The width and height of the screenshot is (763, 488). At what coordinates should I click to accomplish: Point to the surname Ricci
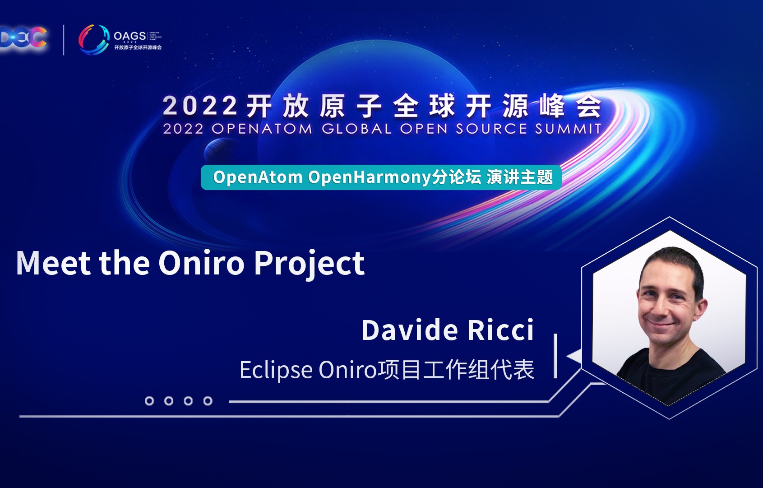pos(500,330)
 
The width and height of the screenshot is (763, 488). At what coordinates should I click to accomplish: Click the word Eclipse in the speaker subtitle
pos(276,370)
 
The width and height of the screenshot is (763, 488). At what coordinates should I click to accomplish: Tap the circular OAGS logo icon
pos(94,39)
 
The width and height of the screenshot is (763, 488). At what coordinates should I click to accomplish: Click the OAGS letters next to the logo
pos(129,36)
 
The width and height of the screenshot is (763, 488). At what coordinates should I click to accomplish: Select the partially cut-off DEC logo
pos(23,38)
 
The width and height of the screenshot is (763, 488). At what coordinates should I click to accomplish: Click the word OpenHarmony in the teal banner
pos(369,177)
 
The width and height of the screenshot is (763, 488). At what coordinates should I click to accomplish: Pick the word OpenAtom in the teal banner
pos(258,177)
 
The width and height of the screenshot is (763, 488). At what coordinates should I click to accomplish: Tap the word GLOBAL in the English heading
pos(356,129)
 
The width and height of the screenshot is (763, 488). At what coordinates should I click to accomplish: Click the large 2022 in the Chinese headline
pos(199,107)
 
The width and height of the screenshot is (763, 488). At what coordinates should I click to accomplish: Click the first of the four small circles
pos(149,401)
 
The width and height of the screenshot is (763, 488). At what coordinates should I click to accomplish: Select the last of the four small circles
pos(208,401)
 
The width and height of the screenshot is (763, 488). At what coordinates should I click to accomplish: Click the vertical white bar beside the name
pos(555,356)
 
